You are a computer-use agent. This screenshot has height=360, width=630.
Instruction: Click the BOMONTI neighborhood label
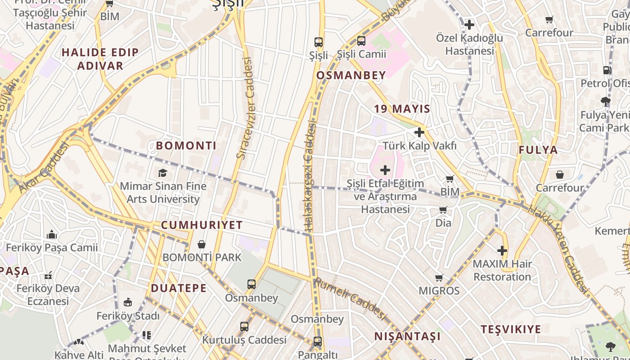pyautogui.click(x=186, y=145)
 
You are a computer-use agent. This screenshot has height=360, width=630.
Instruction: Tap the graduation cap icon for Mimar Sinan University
pyautogui.click(x=162, y=173)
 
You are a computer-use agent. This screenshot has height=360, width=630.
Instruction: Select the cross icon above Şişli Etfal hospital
pyautogui.click(x=385, y=170)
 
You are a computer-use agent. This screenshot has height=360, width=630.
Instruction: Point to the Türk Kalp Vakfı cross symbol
pyautogui.click(x=419, y=132)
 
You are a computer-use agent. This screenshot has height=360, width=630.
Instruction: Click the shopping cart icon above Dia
pyautogui.click(x=443, y=210)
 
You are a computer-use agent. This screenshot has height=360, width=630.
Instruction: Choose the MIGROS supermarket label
pyautogui.click(x=439, y=291)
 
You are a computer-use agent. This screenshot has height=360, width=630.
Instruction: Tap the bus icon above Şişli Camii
pyautogui.click(x=361, y=41)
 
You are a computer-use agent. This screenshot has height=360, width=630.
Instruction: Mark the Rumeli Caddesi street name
pyautogui.click(x=351, y=299)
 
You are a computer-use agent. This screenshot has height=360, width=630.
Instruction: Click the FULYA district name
pyautogui.click(x=538, y=150)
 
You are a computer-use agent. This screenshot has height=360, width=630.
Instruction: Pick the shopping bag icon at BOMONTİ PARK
pyautogui.click(x=202, y=244)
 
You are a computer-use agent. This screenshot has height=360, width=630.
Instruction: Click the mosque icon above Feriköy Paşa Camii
pyautogui.click(x=52, y=234)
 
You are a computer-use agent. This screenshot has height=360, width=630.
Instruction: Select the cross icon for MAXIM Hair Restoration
pyautogui.click(x=502, y=251)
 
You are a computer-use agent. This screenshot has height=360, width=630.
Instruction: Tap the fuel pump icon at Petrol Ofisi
pyautogui.click(x=607, y=70)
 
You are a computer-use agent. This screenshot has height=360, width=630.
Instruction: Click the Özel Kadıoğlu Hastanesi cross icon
pyautogui.click(x=469, y=24)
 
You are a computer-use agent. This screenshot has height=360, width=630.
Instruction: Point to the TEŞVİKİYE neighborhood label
pyautogui.click(x=511, y=329)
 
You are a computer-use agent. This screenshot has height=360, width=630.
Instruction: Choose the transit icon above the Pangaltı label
pyautogui.click(x=318, y=342)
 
